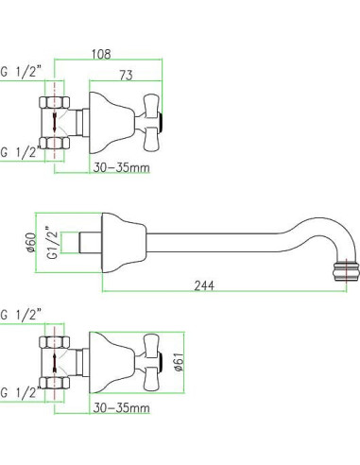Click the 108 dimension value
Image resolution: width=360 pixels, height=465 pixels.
[101, 54]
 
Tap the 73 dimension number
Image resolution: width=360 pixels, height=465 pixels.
[126, 76]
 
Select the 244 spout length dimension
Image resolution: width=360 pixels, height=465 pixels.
[204, 285]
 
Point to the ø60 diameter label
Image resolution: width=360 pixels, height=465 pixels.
[31, 242]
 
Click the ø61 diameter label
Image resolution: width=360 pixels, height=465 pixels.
[179, 362]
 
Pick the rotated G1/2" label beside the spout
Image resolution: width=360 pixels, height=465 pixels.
[53, 242]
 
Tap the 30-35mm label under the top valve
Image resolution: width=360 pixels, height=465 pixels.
[121, 167]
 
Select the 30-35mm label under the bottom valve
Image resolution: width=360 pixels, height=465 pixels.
[121, 408]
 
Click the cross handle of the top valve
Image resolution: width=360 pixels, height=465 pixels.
[150, 122]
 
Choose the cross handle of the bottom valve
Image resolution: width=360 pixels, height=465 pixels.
[150, 362]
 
